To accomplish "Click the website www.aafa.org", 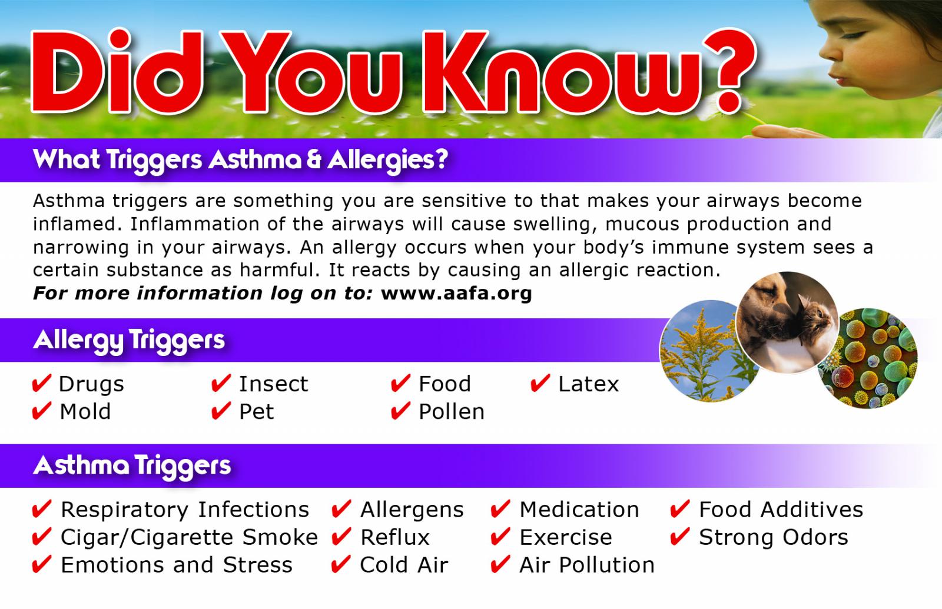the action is click(x=456, y=294).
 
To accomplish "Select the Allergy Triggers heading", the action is click(x=129, y=341).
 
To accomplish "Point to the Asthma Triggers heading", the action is click(x=132, y=466).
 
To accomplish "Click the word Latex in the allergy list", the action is click(x=588, y=384).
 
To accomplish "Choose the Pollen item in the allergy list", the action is click(x=451, y=411).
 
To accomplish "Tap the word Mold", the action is click(x=85, y=411).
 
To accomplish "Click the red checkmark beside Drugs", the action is click(x=42, y=383).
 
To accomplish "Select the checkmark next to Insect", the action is click(x=221, y=383).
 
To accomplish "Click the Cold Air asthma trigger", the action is click(x=404, y=565).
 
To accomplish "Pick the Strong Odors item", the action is click(x=774, y=537).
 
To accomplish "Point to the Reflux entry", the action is click(x=395, y=537).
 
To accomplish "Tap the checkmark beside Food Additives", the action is click(x=679, y=509).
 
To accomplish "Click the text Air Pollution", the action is click(x=587, y=565).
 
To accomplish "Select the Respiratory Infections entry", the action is click(x=185, y=510).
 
